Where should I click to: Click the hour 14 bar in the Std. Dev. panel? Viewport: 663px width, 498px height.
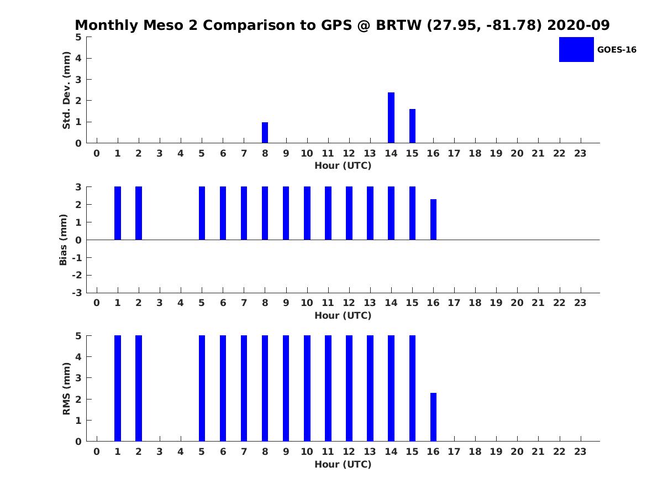click(391, 118)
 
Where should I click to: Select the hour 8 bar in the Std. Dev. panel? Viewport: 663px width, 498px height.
click(265, 132)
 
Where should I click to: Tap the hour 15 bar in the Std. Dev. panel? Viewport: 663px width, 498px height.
click(412, 126)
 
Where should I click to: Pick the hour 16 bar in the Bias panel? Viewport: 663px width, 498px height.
click(433, 220)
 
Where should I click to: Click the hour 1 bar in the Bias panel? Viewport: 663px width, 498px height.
click(118, 213)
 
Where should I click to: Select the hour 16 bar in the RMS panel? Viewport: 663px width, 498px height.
click(433, 417)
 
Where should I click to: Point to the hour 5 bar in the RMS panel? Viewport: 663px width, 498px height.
click(202, 388)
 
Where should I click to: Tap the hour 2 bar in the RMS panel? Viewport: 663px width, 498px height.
click(139, 388)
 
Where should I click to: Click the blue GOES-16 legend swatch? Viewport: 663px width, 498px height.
click(576, 50)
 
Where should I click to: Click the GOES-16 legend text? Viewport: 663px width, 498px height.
click(617, 50)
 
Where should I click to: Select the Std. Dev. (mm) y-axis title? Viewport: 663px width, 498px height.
click(66, 90)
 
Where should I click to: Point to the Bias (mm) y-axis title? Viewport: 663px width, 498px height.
click(63, 240)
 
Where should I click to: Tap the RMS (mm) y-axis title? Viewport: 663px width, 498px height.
click(66, 388)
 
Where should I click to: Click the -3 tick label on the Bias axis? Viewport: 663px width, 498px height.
click(77, 293)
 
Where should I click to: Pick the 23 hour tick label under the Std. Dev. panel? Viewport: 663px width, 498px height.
click(580, 153)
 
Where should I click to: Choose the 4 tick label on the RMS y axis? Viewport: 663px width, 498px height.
click(78, 357)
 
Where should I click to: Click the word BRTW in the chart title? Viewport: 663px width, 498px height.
click(398, 25)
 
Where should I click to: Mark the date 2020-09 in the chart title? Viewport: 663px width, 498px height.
click(578, 25)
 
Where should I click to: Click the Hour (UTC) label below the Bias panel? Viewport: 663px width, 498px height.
click(343, 315)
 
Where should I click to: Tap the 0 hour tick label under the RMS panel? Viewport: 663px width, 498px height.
click(96, 452)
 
